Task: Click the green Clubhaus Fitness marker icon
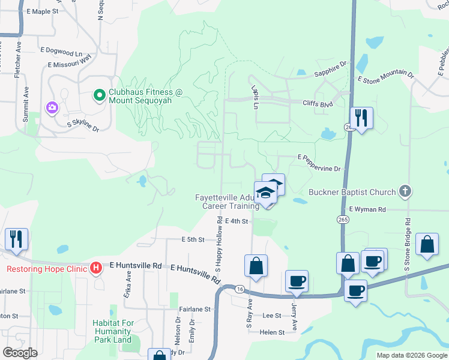click(x=99, y=95)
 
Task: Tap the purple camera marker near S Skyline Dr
click(x=52, y=107)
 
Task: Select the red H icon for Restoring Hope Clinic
click(x=95, y=268)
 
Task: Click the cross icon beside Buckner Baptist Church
click(x=405, y=192)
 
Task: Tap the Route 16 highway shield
click(x=240, y=289)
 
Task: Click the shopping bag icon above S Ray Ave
click(x=256, y=266)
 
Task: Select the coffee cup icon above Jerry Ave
click(x=297, y=281)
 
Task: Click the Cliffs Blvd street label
click(x=318, y=104)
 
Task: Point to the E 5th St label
click(x=193, y=239)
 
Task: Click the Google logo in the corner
click(x=20, y=352)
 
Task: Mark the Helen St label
click(x=272, y=332)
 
